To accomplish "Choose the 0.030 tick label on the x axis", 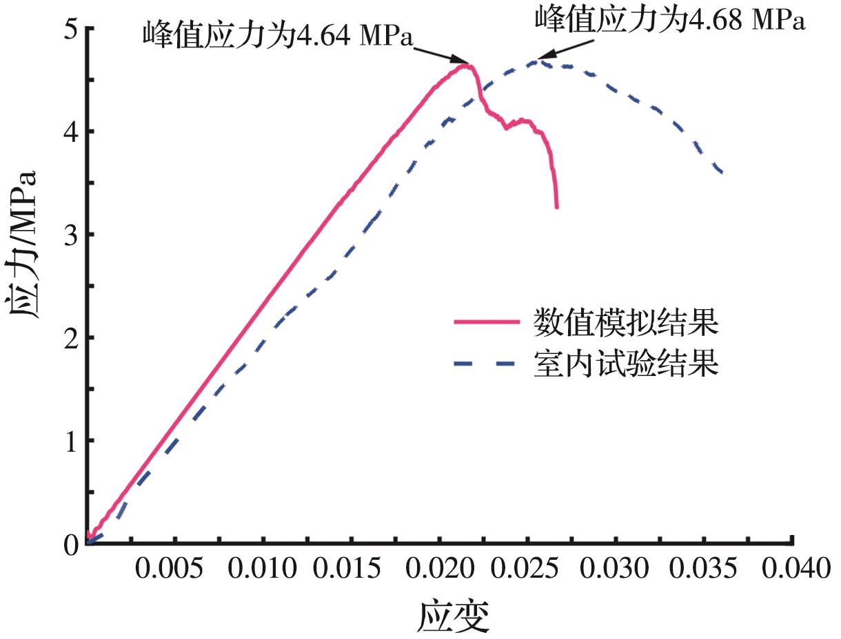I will [x=616, y=571].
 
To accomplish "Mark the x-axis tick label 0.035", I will [x=704, y=571].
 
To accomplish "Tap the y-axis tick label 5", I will [x=71, y=29].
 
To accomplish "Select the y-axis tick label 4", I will [x=71, y=132].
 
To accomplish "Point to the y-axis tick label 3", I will [x=71, y=235].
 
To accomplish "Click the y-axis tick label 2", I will [x=71, y=337].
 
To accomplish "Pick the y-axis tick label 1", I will [x=71, y=441].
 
